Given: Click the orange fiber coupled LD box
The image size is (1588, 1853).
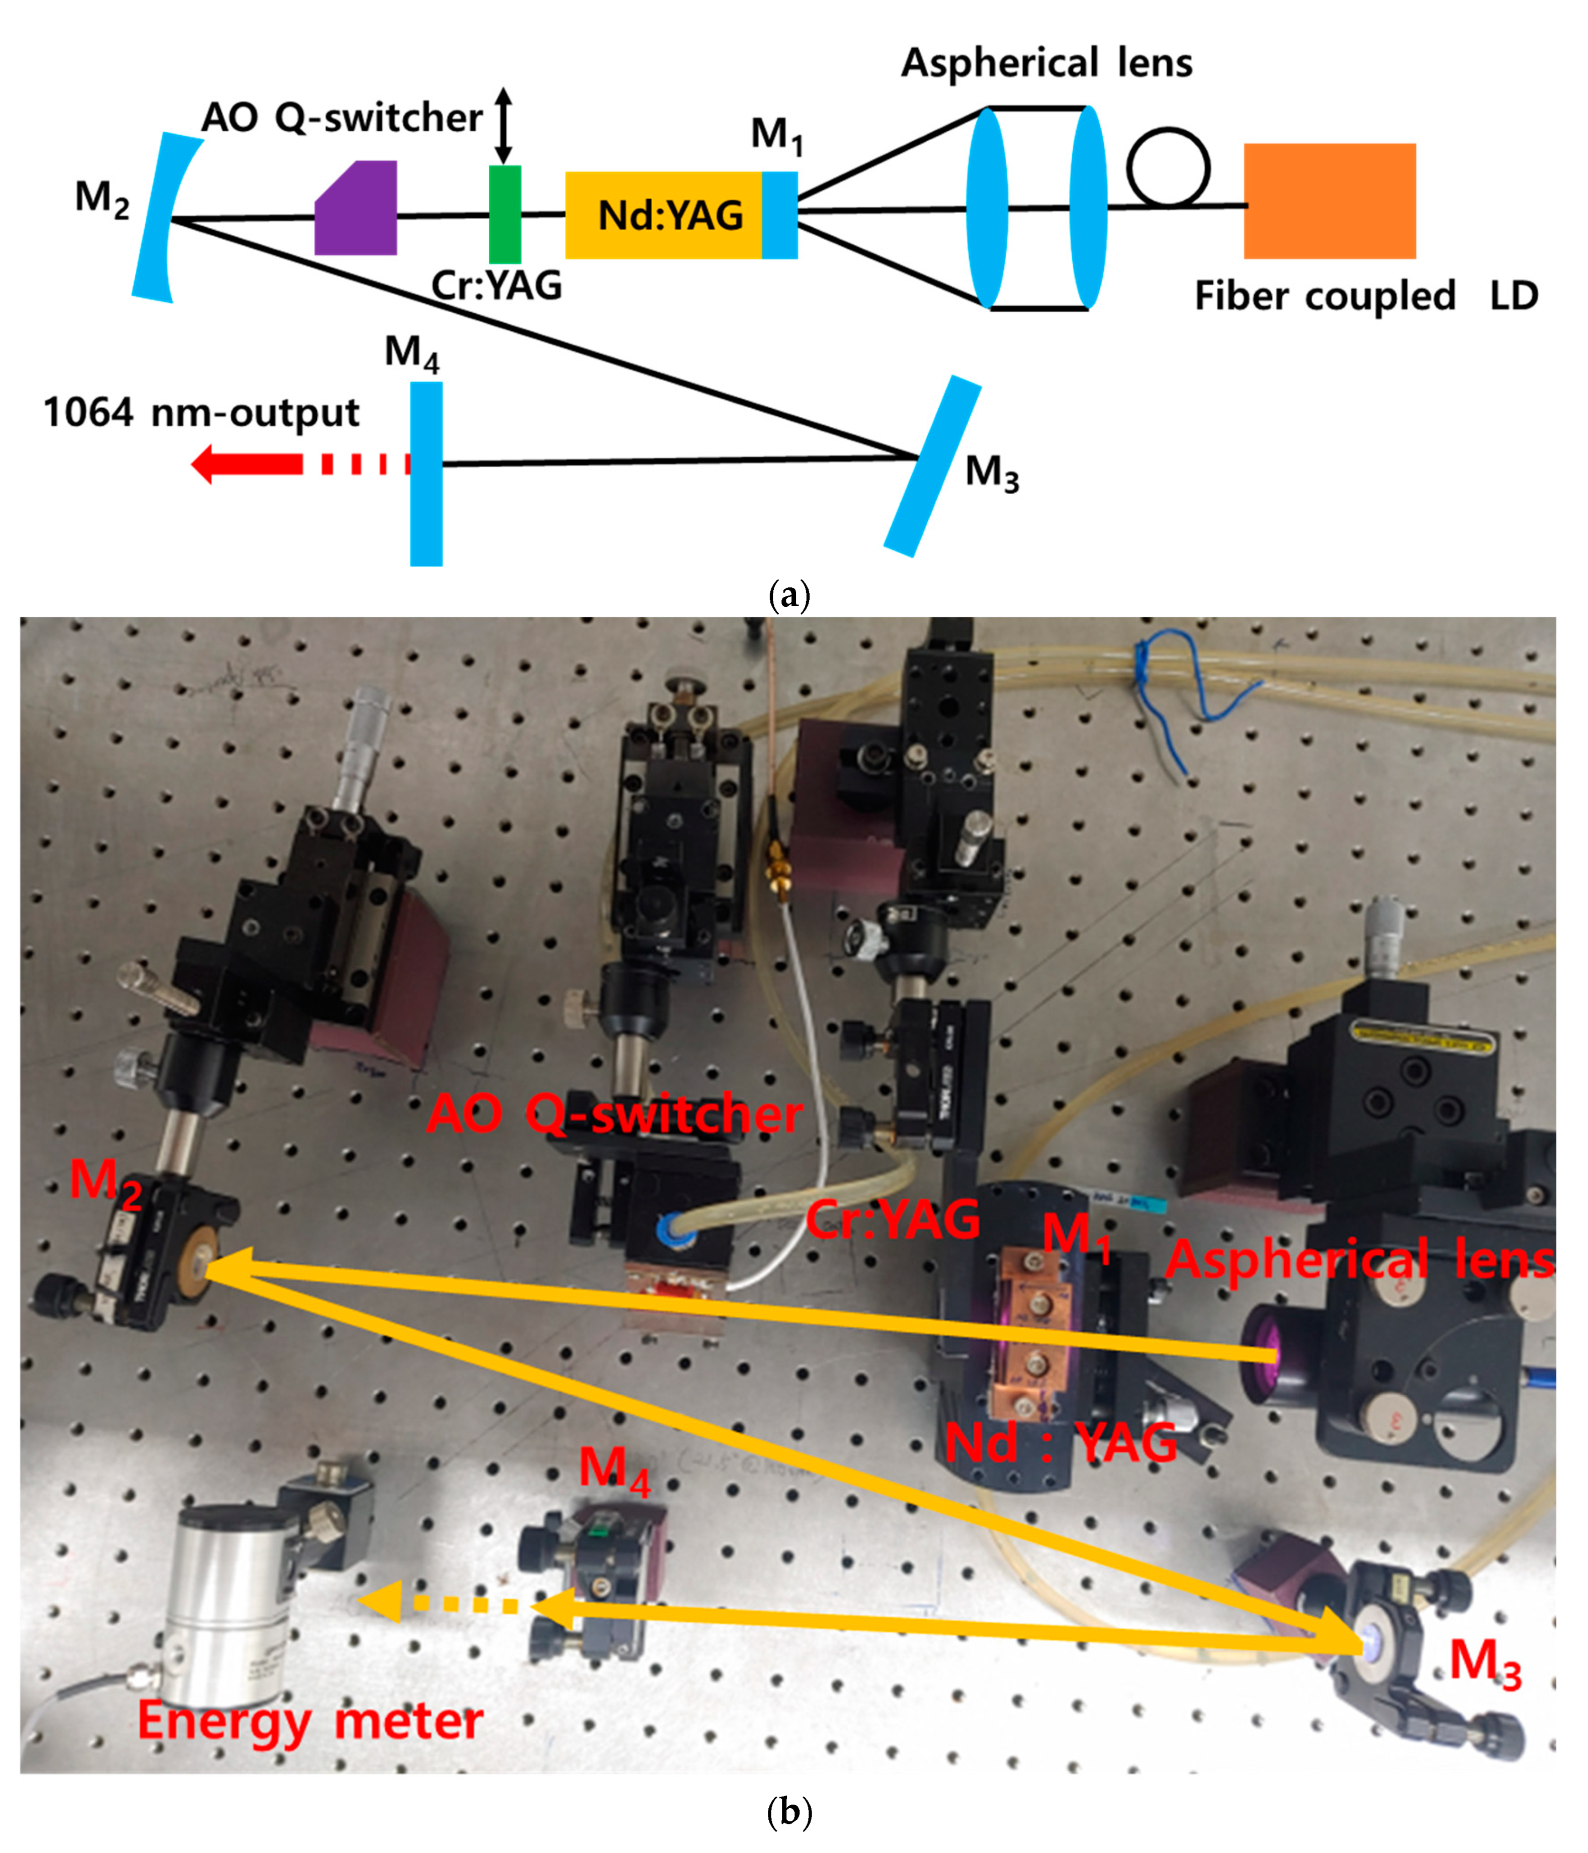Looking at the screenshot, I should click(1330, 201).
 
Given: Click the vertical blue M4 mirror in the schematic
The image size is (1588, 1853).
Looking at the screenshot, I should click(426, 474).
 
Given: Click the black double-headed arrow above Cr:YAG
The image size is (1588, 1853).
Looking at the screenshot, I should click(504, 125).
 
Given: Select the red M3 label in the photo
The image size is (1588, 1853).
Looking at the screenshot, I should click(1484, 1662).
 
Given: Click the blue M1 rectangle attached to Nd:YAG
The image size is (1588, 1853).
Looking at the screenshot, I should click(779, 215).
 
